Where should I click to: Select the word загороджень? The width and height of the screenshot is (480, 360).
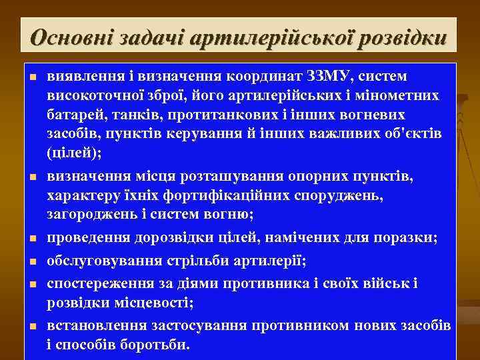click(x=93, y=215)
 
